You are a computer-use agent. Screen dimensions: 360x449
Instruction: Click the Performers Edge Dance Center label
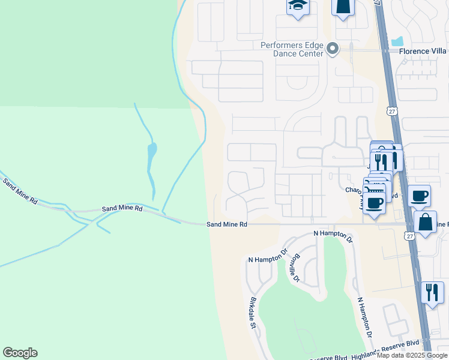tap(292, 49)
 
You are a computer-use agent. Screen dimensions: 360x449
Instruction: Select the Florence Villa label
tap(423, 52)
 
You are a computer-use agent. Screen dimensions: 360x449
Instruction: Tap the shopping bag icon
tap(425, 222)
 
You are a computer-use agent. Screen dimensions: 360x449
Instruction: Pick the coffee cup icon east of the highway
tap(419, 195)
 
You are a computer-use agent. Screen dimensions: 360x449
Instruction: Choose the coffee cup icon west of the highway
tap(374, 203)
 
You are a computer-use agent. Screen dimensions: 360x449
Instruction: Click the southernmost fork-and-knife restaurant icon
tap(432, 293)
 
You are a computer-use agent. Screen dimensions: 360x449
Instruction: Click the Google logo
tap(20, 353)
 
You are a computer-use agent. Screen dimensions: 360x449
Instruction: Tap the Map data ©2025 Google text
tap(412, 355)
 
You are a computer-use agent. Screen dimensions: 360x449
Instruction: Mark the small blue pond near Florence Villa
tap(397, 41)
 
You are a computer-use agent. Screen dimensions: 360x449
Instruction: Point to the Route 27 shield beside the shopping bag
tap(409, 236)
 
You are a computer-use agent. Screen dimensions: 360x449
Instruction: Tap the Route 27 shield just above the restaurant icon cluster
tap(392, 111)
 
